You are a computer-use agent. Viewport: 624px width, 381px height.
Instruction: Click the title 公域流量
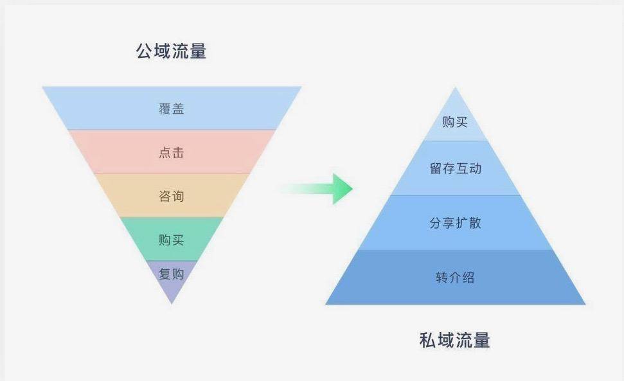pos(171,51)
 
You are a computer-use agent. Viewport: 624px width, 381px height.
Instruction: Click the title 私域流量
pos(455,341)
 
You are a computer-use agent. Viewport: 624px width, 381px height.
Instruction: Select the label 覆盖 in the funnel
pos(172,109)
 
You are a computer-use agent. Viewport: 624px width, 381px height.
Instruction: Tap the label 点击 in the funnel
pos(172,152)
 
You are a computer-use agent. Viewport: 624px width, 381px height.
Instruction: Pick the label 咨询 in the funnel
pos(172,196)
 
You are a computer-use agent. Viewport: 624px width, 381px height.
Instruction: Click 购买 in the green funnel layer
pos(172,240)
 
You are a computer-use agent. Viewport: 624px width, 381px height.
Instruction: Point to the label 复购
pos(172,274)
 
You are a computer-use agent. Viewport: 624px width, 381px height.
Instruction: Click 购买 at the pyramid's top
pos(455,122)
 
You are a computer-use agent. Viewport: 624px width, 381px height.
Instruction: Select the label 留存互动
pos(455,168)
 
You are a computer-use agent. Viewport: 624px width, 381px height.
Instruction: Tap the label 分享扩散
pos(455,223)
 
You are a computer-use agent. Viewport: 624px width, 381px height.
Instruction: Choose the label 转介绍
pos(455,277)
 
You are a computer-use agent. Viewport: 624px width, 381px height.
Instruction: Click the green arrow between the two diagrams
pos(318,188)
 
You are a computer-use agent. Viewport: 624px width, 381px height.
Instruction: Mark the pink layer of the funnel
pos(172,152)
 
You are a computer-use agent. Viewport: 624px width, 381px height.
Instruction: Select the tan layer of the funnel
pos(172,195)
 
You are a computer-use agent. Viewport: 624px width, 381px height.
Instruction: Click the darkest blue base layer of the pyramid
pos(455,277)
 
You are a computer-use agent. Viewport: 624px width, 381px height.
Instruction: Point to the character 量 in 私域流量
pos(482,341)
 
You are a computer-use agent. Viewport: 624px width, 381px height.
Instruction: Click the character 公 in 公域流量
pos(145,51)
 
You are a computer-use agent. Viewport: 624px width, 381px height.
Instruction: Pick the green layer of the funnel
pos(172,239)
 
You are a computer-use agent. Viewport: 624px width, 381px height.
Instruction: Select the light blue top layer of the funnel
pos(172,108)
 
